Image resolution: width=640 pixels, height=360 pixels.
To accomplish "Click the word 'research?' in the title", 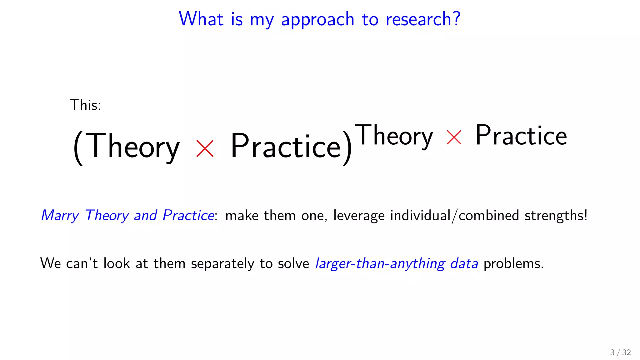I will coord(423,19).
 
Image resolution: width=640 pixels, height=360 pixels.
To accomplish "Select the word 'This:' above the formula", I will coord(85,105).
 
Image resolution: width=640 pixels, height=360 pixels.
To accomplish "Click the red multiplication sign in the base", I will coord(205,148).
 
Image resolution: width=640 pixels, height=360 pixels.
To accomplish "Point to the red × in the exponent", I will coord(454,137).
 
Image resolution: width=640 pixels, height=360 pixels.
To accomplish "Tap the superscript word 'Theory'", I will coord(394,136).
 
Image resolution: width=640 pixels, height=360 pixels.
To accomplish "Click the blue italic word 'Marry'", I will coord(60,216).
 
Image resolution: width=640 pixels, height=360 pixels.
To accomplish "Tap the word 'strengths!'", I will coord(556,216).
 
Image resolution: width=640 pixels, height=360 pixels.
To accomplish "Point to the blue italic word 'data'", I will coord(464,263).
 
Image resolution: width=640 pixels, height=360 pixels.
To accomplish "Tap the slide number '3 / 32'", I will coord(620,352).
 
